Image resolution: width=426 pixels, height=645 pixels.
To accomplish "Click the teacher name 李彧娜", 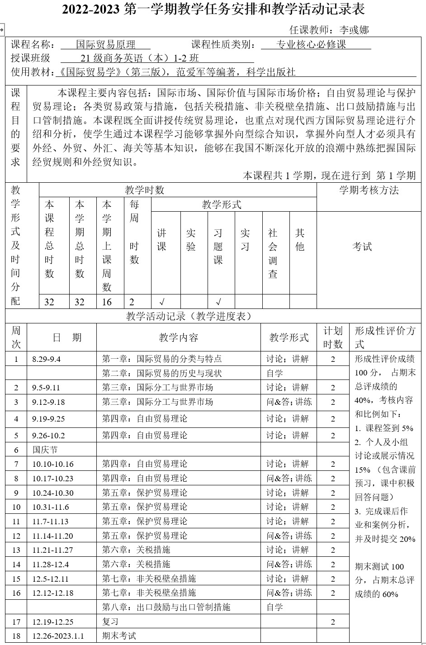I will coord(354,30).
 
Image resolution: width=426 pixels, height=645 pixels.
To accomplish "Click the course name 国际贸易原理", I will coord(105,44).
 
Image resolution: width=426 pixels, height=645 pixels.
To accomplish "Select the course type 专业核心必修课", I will coord(311,44).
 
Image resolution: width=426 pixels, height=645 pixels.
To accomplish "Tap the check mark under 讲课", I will coord(162,302).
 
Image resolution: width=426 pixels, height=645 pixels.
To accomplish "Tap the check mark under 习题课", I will coord(218,302).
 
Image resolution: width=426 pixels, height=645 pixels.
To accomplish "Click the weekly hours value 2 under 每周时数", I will coord(132,302).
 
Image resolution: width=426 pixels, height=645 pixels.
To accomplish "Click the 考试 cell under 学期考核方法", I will coord(362,247).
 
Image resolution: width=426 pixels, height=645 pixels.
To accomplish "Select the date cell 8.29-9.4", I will coord(46,359).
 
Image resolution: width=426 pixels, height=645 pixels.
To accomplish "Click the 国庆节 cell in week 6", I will coord(45,450).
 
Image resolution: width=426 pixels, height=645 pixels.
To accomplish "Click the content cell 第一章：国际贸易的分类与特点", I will coord(162,359).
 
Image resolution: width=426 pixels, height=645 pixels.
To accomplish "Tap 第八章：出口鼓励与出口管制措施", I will coord(166,607).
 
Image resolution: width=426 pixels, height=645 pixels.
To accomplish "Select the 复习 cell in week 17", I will coord(110,621).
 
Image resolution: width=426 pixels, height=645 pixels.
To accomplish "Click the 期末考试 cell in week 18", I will coord(119,636).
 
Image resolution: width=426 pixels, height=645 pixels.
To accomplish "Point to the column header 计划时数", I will coord(333,337).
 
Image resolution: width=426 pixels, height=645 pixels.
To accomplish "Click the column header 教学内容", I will coord(179,337).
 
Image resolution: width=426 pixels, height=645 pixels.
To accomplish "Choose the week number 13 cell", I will coord(16,550).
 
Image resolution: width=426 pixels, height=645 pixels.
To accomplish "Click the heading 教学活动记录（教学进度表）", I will coord(189,316).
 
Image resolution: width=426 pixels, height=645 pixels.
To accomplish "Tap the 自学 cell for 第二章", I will coord(275,373).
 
